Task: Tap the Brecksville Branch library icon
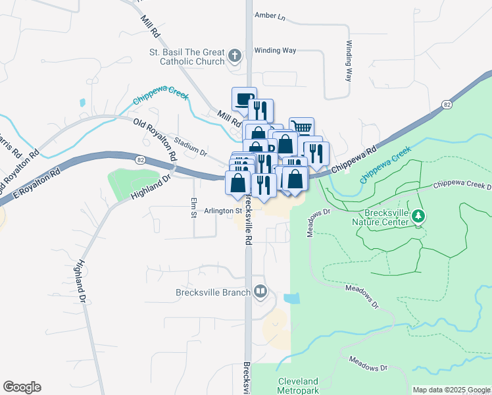(x=261, y=291)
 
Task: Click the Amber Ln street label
(x=270, y=16)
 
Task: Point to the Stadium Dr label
(x=191, y=147)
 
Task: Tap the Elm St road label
(x=193, y=208)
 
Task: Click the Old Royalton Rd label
(x=155, y=140)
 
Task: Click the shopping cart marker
(x=301, y=127)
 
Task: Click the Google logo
(x=22, y=387)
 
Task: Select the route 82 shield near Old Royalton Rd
(x=140, y=159)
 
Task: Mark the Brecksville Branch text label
(x=213, y=292)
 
